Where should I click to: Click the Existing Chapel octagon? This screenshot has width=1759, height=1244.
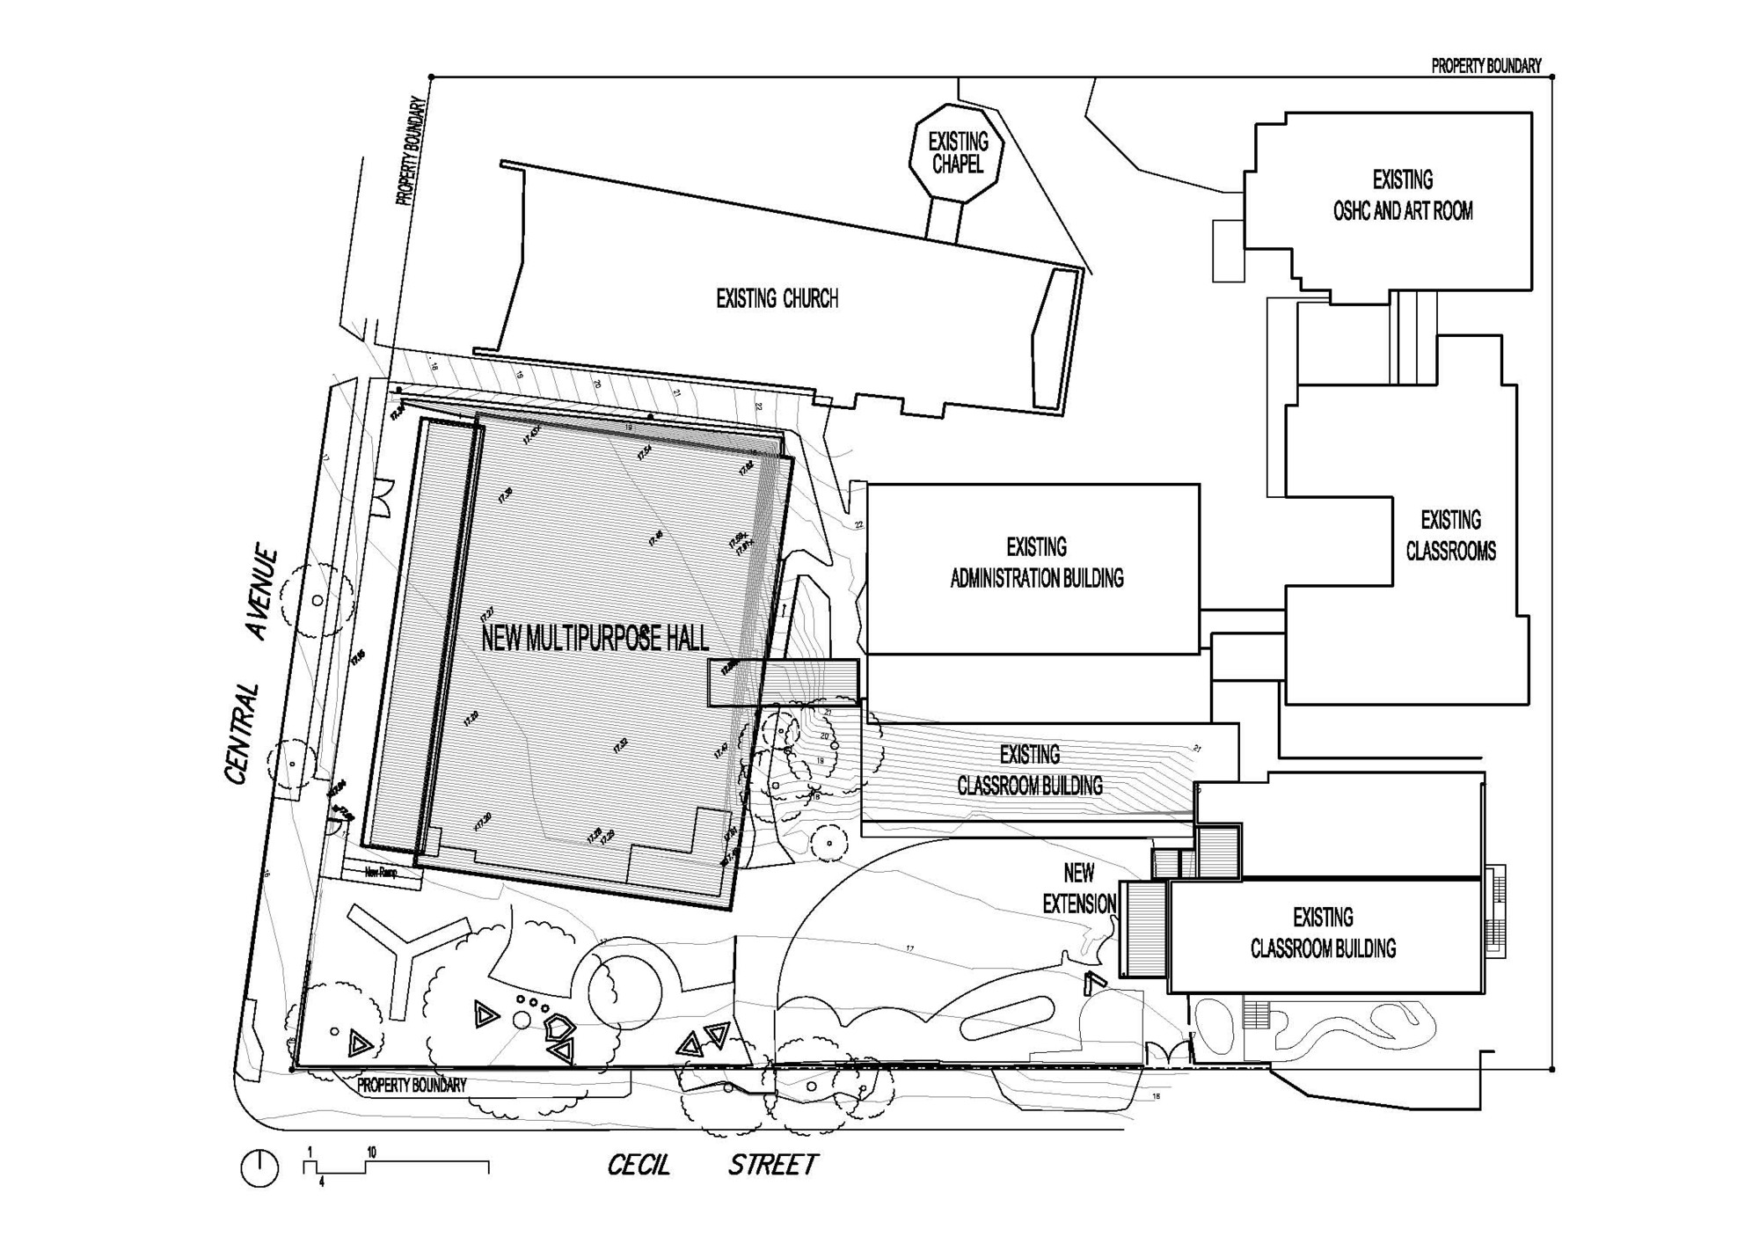[958, 153]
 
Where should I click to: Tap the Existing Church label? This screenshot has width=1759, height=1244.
[777, 299]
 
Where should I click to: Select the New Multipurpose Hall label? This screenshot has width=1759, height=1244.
[595, 640]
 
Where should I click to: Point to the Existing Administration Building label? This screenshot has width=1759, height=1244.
[1037, 563]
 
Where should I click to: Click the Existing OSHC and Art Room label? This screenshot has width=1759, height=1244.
[1403, 195]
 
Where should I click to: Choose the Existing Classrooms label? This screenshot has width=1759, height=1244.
[1450, 536]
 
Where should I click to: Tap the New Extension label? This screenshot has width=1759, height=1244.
[1079, 889]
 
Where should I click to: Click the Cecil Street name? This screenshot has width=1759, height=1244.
[712, 1166]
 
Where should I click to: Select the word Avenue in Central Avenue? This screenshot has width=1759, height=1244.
[263, 596]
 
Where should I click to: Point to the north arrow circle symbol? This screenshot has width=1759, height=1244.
[259, 1169]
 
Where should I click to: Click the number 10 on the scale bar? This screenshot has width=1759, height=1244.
[372, 1152]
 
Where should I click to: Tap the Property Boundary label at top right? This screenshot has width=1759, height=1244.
[1485, 66]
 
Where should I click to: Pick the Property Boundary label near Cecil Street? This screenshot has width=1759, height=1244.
[412, 1086]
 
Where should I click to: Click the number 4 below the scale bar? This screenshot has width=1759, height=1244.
[322, 1183]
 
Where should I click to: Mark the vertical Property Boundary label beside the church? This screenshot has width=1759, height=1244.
[412, 151]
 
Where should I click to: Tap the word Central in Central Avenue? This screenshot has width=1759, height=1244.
[243, 734]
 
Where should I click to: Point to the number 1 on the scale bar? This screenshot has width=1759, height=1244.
[310, 1152]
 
